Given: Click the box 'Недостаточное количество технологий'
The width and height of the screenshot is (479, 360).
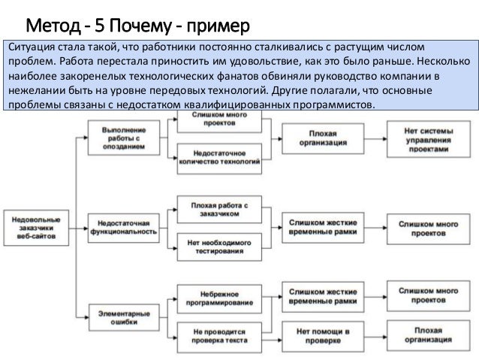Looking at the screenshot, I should (220, 157).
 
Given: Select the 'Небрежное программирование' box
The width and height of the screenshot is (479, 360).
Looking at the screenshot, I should (220, 294).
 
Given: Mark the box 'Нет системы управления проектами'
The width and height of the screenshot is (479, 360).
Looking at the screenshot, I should (427, 139).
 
